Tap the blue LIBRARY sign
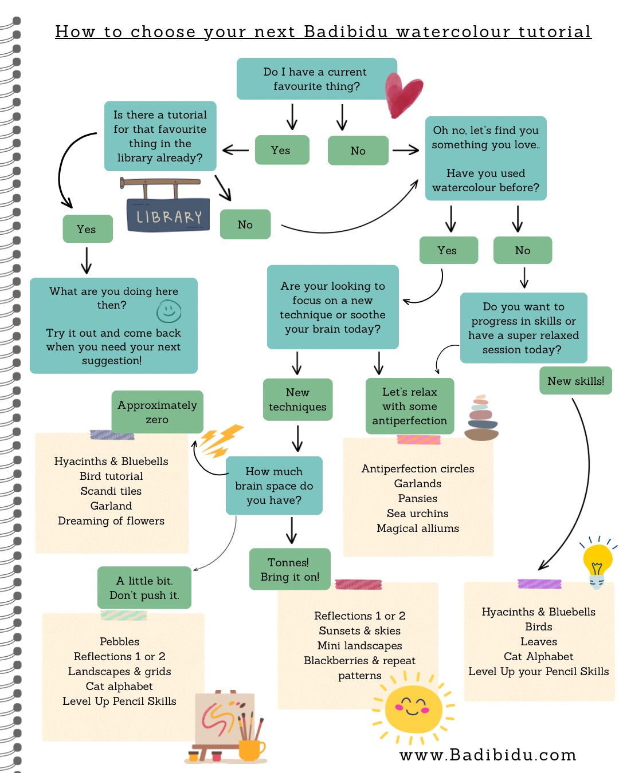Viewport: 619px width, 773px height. point(168,215)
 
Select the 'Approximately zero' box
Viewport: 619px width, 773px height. point(157,412)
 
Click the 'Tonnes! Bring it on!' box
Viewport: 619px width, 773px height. point(289,569)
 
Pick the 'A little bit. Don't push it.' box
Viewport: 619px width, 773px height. point(144,587)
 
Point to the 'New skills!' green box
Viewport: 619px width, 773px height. point(575,380)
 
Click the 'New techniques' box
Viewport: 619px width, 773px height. point(297,399)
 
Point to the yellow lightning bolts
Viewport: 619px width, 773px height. point(220,440)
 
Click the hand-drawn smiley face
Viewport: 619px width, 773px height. point(169,311)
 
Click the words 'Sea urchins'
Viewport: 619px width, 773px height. point(417,513)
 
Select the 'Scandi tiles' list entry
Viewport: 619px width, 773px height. point(111,491)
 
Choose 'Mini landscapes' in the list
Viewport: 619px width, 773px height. point(359,645)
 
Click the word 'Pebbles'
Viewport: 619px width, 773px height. point(119,641)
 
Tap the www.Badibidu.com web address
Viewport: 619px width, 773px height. point(488,755)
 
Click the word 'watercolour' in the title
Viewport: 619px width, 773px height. point(453,31)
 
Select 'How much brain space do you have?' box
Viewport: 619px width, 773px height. point(274,486)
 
